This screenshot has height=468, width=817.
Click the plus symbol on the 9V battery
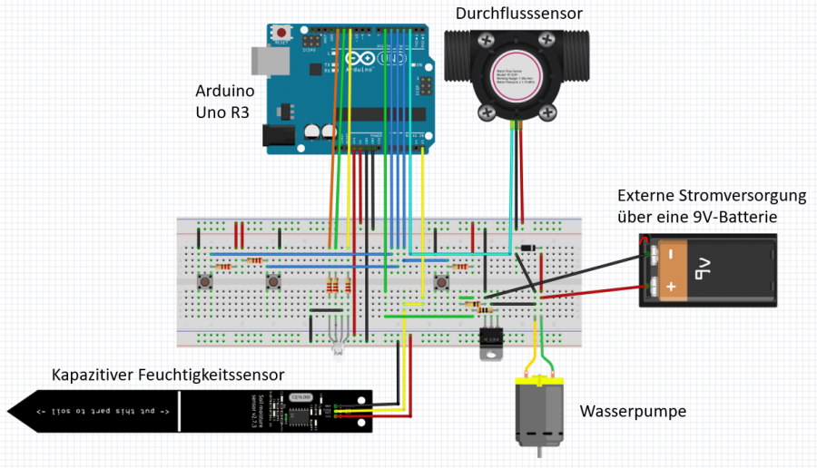[x=669, y=288]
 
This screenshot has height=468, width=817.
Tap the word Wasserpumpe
[x=633, y=412]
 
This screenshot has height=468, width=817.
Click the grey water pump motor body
[x=536, y=410]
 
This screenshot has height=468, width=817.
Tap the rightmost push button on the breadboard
[x=442, y=282]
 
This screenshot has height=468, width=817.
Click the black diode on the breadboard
[x=529, y=249]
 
